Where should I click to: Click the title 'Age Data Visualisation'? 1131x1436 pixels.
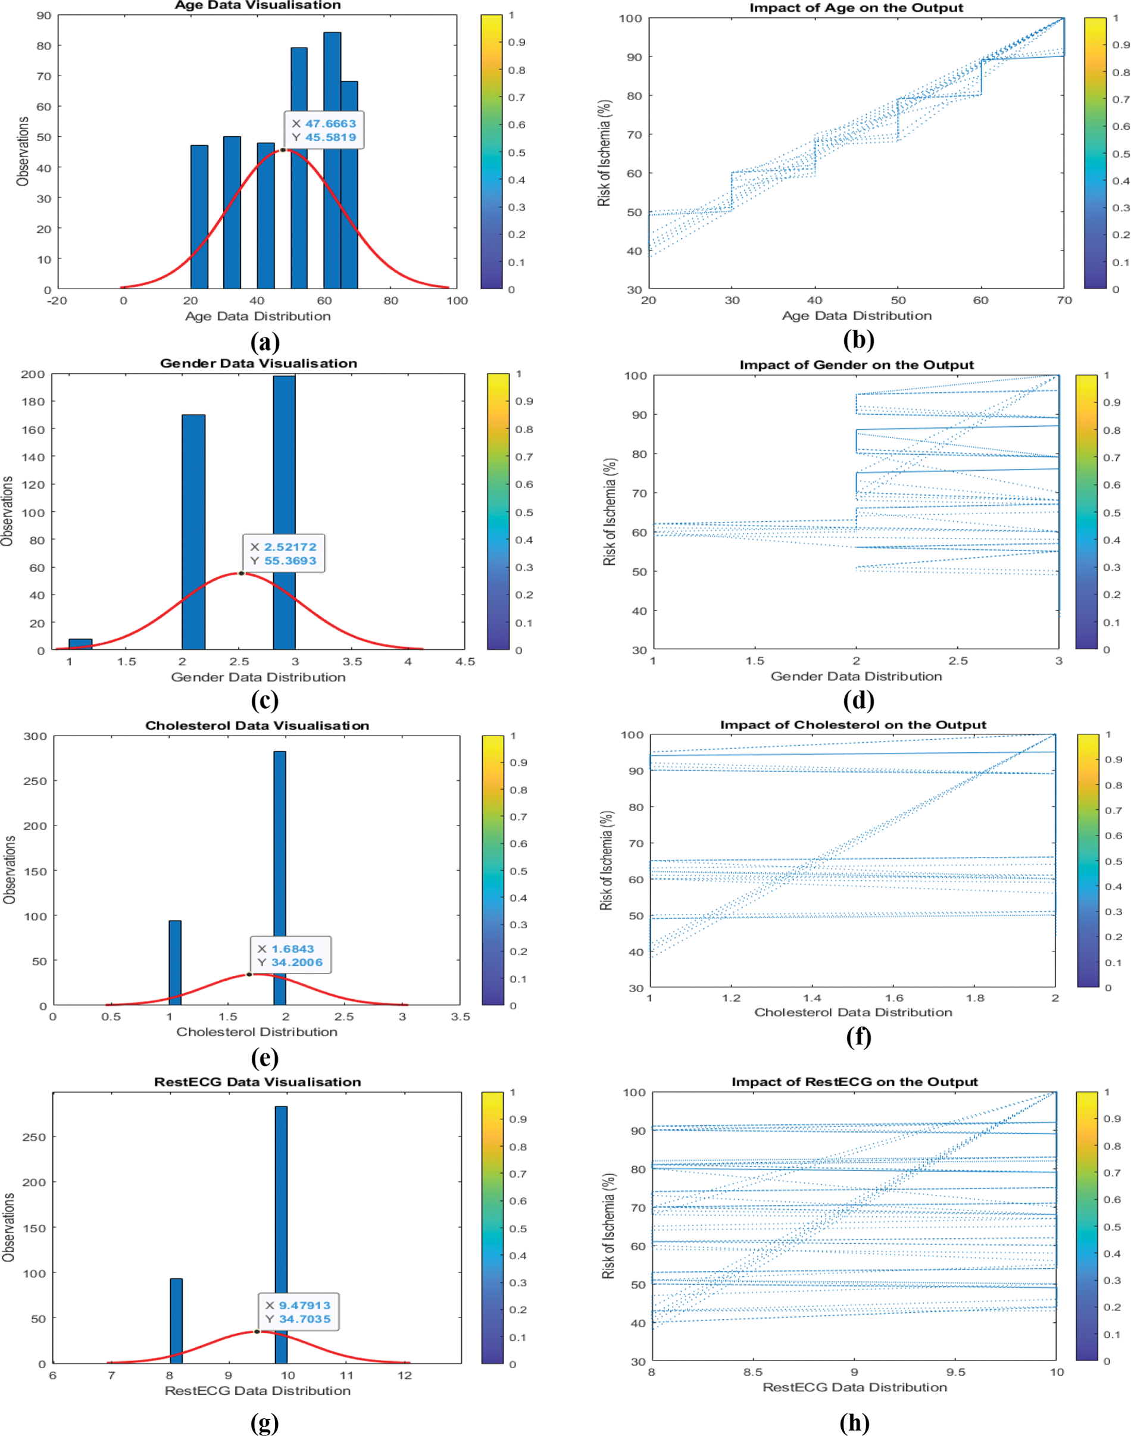point(258,5)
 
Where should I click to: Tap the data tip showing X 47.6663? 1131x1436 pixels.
point(324,130)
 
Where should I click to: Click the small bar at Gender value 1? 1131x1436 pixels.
point(80,644)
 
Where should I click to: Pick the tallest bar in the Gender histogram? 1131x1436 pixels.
point(284,512)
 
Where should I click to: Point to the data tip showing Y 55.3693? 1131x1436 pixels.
point(283,553)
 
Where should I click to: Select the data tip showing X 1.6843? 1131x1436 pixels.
point(290,955)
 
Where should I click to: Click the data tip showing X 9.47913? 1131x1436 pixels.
point(298,1313)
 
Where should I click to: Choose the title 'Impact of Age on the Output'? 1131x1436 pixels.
point(855,8)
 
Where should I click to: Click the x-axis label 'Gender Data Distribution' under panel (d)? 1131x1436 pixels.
point(855,676)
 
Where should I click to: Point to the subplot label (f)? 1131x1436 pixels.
point(858,1036)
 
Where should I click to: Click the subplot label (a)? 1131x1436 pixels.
point(265,342)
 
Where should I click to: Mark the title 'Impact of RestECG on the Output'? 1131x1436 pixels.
point(854,1082)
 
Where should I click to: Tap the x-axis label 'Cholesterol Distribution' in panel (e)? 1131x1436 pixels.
point(257,1031)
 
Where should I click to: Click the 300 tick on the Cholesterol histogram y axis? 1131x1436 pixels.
point(35,736)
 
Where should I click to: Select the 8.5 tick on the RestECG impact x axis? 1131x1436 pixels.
point(753,1372)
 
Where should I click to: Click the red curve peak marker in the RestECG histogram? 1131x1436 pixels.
point(257,1331)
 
